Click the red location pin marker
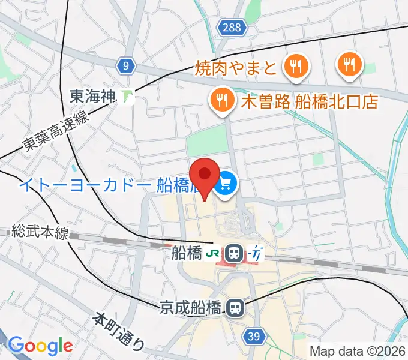click(204, 175)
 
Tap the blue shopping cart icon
click(226, 182)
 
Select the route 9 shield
click(125, 66)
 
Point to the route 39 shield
click(254, 337)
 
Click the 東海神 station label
click(93, 95)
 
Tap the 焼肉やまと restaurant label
click(235, 67)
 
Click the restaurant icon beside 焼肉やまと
click(296, 66)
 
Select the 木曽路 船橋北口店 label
click(310, 101)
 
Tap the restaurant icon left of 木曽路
click(221, 100)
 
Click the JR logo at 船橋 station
click(212, 254)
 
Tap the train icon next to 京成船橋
click(235, 308)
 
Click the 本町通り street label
click(119, 330)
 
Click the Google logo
click(40, 346)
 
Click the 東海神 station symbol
click(126, 95)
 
